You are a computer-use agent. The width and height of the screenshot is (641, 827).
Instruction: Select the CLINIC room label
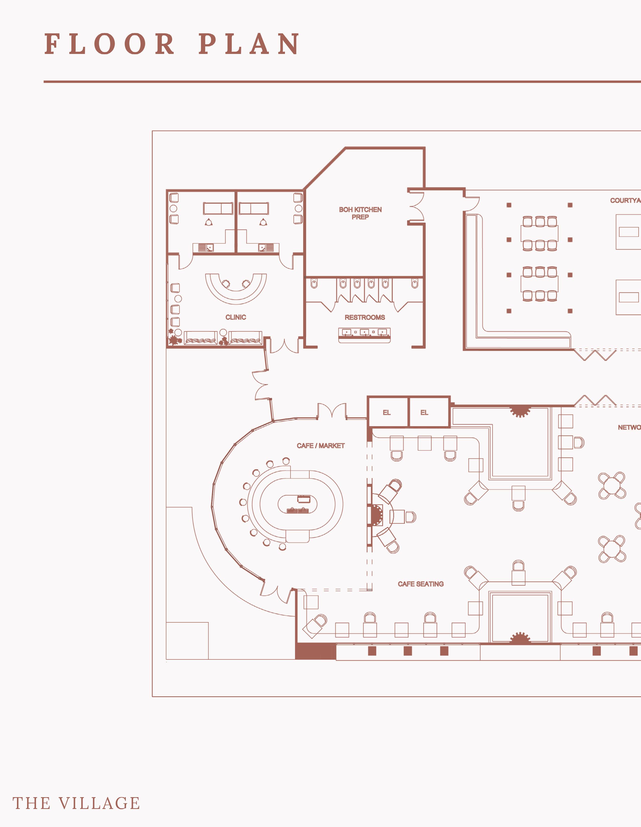(236, 317)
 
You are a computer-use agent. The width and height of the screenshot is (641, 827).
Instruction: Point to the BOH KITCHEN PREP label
(360, 213)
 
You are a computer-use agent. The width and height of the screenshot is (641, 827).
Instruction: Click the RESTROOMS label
(365, 317)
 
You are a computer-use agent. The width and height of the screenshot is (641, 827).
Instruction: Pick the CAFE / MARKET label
(321, 446)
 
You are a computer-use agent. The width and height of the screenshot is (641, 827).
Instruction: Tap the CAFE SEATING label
(420, 584)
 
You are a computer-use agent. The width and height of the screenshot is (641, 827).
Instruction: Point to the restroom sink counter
(364, 335)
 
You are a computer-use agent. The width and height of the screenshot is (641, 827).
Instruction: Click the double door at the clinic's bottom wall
(284, 346)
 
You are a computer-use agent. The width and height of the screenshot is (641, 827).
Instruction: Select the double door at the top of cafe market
(332, 411)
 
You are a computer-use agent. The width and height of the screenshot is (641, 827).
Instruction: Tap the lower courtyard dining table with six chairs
(539, 284)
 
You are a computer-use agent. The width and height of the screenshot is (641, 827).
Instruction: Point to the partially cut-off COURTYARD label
(625, 200)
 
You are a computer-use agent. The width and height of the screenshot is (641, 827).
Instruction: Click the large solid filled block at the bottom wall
(315, 651)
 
